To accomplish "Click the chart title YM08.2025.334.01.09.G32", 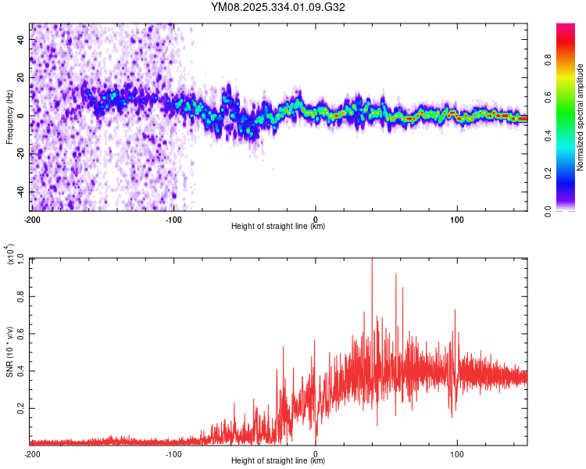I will (278, 8).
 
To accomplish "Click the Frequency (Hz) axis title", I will (9, 116).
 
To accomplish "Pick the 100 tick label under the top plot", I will (457, 218).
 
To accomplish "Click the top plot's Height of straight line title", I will (278, 227).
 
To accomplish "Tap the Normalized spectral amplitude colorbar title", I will (581, 117).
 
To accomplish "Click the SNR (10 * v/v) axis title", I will (9, 351).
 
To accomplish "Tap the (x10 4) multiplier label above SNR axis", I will (9, 255).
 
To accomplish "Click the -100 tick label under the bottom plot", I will (173, 453).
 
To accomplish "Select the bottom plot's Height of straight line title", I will (278, 461).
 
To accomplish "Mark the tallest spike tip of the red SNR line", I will (372, 260).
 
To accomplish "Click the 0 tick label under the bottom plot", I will (316, 453).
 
